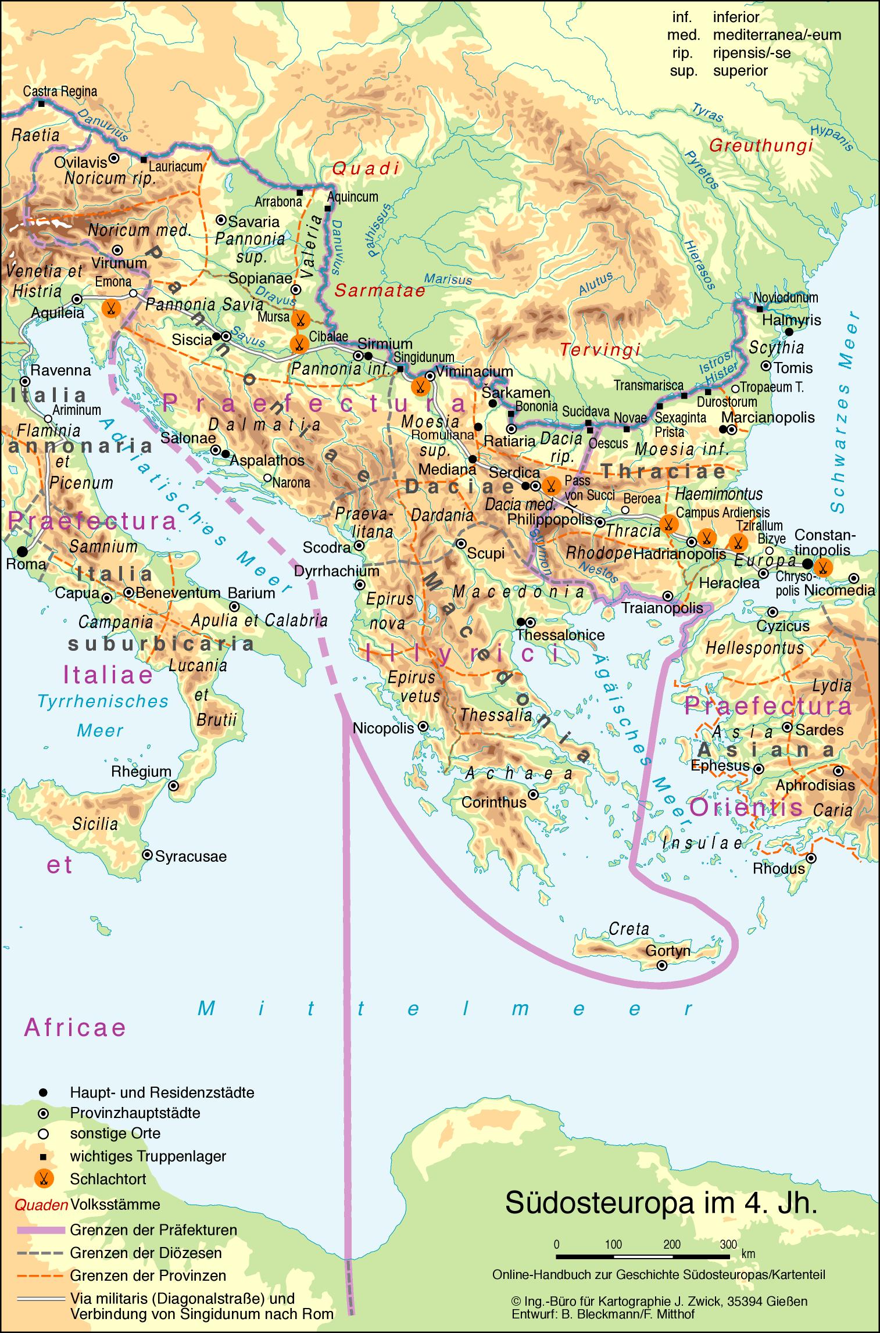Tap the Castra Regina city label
(x=60, y=91)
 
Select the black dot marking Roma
(x=22, y=550)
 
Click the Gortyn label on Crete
(x=668, y=951)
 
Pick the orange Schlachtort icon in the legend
(x=44, y=1178)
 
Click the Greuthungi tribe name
(x=761, y=146)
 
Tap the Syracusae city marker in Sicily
(x=148, y=855)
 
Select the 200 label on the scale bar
(x=672, y=1244)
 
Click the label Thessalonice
(x=561, y=635)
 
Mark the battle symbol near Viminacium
(x=420, y=386)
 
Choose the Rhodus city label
(x=778, y=869)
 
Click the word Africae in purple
(x=75, y=1027)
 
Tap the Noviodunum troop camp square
(x=760, y=309)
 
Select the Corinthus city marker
(x=534, y=794)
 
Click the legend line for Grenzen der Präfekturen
(x=41, y=1230)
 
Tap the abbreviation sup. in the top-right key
(x=683, y=71)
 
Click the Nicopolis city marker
(x=424, y=726)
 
